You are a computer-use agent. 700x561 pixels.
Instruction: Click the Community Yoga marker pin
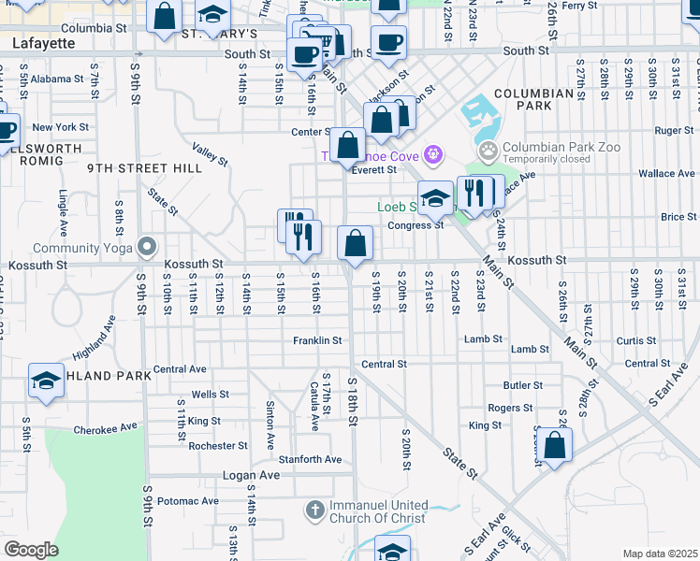(x=147, y=248)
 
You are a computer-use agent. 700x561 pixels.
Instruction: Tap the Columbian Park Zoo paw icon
(x=488, y=151)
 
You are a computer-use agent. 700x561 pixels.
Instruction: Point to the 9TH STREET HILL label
(x=131, y=168)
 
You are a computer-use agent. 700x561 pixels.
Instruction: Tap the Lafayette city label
(x=43, y=43)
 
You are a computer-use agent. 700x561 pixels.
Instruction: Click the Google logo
(x=31, y=550)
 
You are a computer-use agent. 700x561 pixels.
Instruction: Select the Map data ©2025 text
(x=660, y=554)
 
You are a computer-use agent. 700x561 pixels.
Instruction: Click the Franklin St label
(x=316, y=340)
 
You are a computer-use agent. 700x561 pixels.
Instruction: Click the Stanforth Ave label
(x=311, y=459)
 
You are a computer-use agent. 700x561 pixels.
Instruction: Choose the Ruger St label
(x=674, y=131)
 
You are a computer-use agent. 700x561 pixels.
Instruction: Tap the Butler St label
(x=523, y=385)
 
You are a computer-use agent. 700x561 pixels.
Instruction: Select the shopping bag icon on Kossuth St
(x=356, y=244)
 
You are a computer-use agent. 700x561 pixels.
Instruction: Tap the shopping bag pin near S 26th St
(x=555, y=447)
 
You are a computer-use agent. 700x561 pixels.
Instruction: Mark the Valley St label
(x=210, y=153)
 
